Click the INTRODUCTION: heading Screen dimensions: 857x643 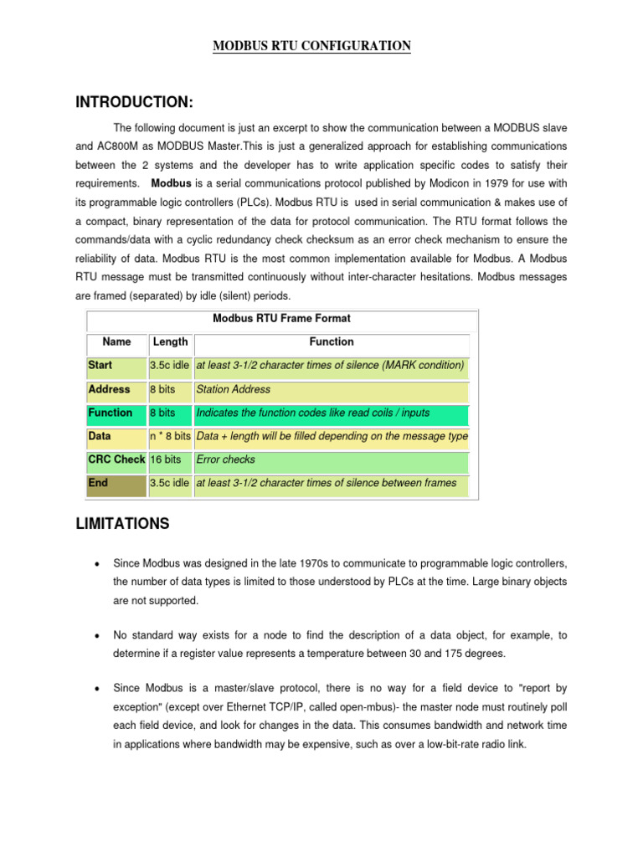[x=134, y=102]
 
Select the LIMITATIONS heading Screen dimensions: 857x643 [x=122, y=524]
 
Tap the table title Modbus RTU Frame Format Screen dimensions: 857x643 [x=281, y=318]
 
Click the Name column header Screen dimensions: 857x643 [x=116, y=341]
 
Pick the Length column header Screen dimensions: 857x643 [x=170, y=341]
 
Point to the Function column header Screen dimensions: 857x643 [x=332, y=341]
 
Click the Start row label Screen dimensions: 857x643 [x=100, y=366]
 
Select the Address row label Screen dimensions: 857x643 [x=109, y=389]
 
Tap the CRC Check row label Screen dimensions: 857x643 [x=116, y=459]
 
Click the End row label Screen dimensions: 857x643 [x=97, y=483]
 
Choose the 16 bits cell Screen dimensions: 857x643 [x=165, y=459]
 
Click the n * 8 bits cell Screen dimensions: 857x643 [x=170, y=436]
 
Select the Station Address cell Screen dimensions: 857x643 [x=233, y=389]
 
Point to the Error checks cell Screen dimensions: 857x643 [x=225, y=459]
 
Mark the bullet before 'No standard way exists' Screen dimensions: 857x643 [x=98, y=635]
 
